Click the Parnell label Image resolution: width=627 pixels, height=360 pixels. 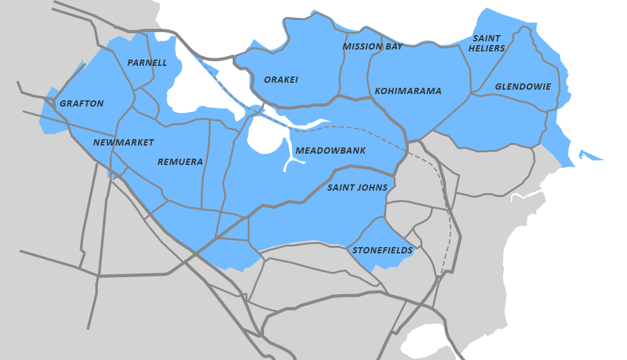pyautogui.click(x=147, y=63)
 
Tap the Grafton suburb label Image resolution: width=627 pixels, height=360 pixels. pyautogui.click(x=82, y=103)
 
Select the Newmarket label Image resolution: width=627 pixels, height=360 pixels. pyautogui.click(x=124, y=142)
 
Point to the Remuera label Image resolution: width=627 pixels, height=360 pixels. pyautogui.click(x=180, y=162)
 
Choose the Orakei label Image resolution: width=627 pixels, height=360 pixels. pyautogui.click(x=281, y=80)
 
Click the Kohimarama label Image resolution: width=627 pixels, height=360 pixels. pyautogui.click(x=408, y=91)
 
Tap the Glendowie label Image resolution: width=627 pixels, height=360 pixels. pyautogui.click(x=523, y=87)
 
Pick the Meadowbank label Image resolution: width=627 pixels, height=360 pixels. pyautogui.click(x=330, y=151)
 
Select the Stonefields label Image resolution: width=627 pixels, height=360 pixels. pyautogui.click(x=382, y=250)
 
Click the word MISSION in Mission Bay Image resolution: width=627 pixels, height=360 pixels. pyautogui.click(x=362, y=46)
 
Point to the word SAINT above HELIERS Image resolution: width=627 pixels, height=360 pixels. pyautogui.click(x=487, y=38)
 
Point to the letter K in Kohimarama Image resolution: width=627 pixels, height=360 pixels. pyautogui.click(x=378, y=91)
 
